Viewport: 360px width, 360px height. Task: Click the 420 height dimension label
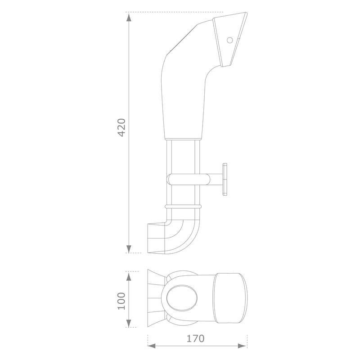pos(121,127)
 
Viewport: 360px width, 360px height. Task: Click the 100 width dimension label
pos(121,301)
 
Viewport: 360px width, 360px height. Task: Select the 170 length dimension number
pos(195,339)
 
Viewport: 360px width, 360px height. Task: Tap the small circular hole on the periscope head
pos(229,40)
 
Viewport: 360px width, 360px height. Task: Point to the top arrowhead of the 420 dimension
pos(129,17)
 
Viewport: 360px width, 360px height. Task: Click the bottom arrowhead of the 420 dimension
pos(129,248)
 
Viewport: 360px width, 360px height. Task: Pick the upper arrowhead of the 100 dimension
pos(129,276)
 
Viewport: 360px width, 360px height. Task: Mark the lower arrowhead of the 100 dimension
pos(129,323)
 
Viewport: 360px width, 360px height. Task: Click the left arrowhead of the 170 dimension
pos(152,346)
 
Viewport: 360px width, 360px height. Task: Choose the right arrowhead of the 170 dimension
pos(243,346)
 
